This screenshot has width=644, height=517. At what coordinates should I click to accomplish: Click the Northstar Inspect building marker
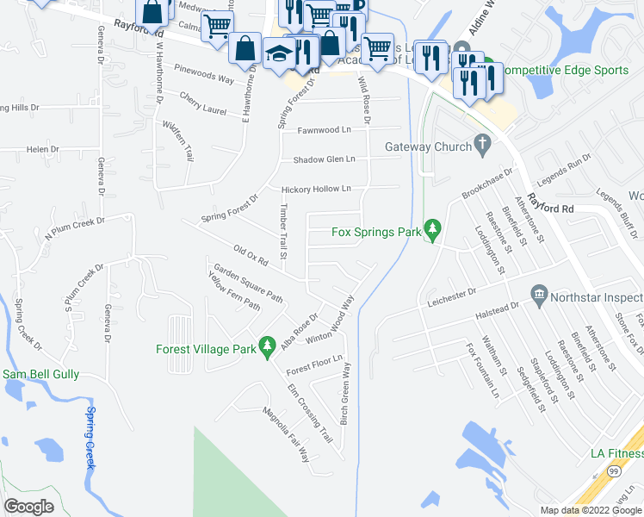[x=540, y=296]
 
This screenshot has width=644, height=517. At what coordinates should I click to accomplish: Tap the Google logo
[x=29, y=506]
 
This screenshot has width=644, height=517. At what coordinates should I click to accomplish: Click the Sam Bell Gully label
[x=40, y=374]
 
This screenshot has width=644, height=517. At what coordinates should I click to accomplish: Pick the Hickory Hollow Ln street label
[x=316, y=189]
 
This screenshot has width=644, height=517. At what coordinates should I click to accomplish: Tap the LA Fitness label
[x=616, y=453]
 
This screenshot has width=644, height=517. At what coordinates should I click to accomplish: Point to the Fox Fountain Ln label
[x=483, y=371]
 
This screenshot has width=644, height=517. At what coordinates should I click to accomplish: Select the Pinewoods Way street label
[x=204, y=78]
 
